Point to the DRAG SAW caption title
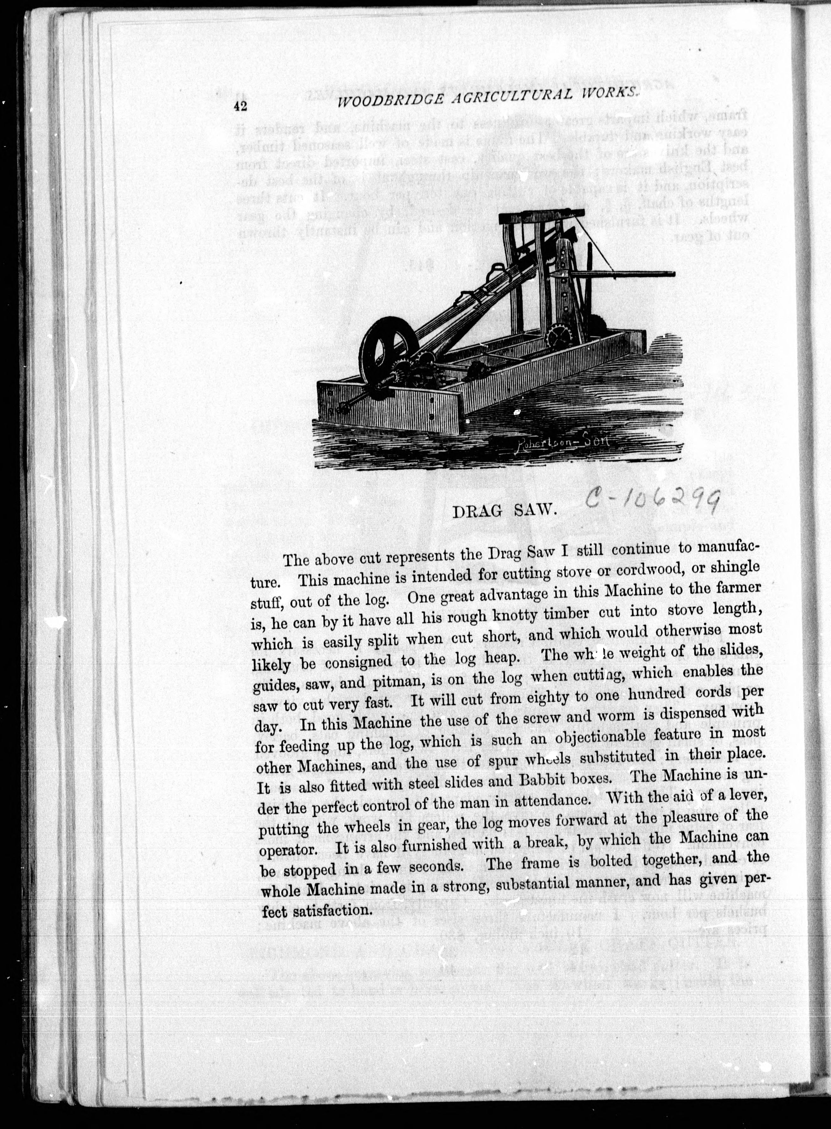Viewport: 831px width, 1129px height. (x=504, y=512)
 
